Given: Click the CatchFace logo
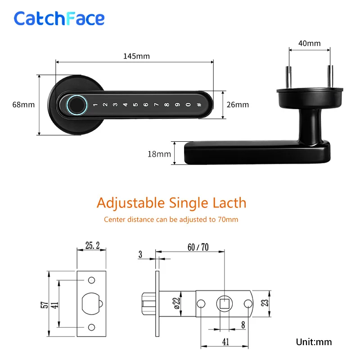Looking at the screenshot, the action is pyautogui.click(x=59, y=18).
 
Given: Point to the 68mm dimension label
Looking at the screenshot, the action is pyautogui.click(x=23, y=105).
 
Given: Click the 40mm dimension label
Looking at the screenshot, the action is pyautogui.click(x=309, y=44).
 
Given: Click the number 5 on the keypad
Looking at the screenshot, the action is pyautogui.click(x=135, y=105).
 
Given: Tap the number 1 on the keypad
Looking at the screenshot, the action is pyautogui.click(x=95, y=105).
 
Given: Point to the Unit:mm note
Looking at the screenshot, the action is pyautogui.click(x=314, y=342).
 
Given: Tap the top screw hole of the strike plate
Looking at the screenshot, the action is pyautogui.click(x=92, y=280).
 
